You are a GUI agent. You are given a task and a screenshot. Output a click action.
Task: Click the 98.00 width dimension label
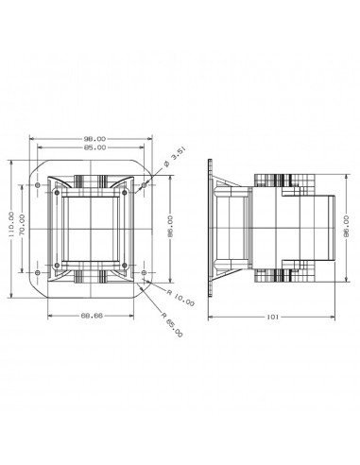tap(94, 139)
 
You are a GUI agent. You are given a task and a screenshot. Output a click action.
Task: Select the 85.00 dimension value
tap(94, 147)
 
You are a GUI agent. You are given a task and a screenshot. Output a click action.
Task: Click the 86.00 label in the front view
tap(170, 227)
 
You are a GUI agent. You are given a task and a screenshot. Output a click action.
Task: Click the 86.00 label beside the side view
tap(346, 227)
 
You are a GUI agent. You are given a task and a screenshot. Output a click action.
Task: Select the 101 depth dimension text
tap(273, 317)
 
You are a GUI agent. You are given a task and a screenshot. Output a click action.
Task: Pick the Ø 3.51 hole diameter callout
tap(175, 157)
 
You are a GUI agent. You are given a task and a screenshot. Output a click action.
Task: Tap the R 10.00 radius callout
tap(180, 298)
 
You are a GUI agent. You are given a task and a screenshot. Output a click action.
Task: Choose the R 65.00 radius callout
tap(172, 325)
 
